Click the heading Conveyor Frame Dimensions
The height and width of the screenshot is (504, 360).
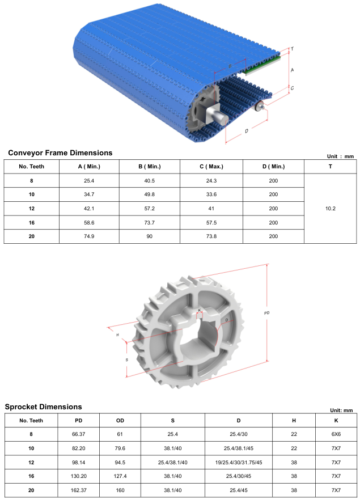tap(60, 153)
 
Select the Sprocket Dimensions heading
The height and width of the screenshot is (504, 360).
tap(44, 406)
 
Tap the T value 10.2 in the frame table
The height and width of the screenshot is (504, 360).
tap(330, 208)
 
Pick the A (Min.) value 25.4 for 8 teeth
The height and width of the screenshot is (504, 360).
tap(89, 181)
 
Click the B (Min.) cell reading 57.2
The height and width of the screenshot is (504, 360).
tap(150, 208)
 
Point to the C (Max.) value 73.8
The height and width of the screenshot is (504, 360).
tap(211, 236)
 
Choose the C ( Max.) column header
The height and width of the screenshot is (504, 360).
tap(211, 167)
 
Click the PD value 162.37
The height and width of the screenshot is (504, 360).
tap(78, 490)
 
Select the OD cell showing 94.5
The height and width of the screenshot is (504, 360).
tap(120, 462)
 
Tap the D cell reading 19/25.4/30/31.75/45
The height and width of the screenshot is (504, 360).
tap(239, 462)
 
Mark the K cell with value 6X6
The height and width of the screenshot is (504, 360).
tap(336, 434)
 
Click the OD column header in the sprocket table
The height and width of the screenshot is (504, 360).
tap(120, 421)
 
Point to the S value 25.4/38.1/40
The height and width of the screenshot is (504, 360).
tap(172, 462)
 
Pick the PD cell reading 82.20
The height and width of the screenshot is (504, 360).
tap(78, 448)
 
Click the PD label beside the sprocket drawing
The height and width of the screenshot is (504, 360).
tap(267, 313)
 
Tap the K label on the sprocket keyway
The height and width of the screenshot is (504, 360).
tap(200, 310)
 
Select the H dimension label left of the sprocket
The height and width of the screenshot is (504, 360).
tap(118, 335)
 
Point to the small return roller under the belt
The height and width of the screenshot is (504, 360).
tap(259, 105)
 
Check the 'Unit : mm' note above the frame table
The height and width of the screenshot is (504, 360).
tap(340, 156)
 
